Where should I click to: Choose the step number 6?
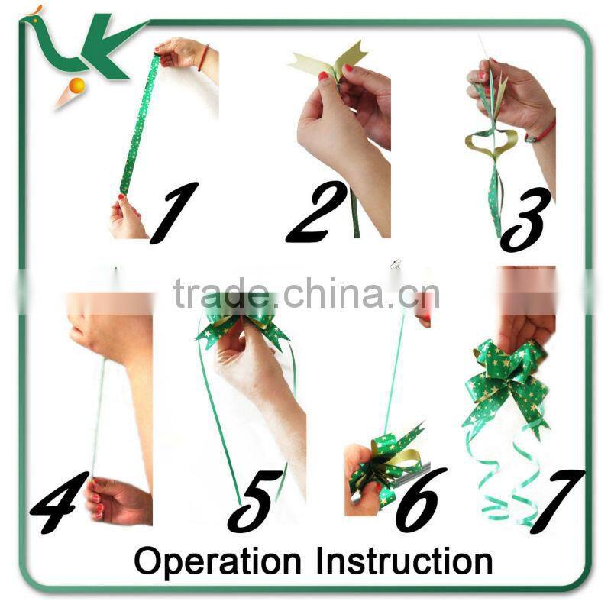click(420, 499)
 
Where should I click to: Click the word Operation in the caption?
click(218, 561)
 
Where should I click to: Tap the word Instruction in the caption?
click(404, 561)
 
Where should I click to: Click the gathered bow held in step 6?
click(386, 462)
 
